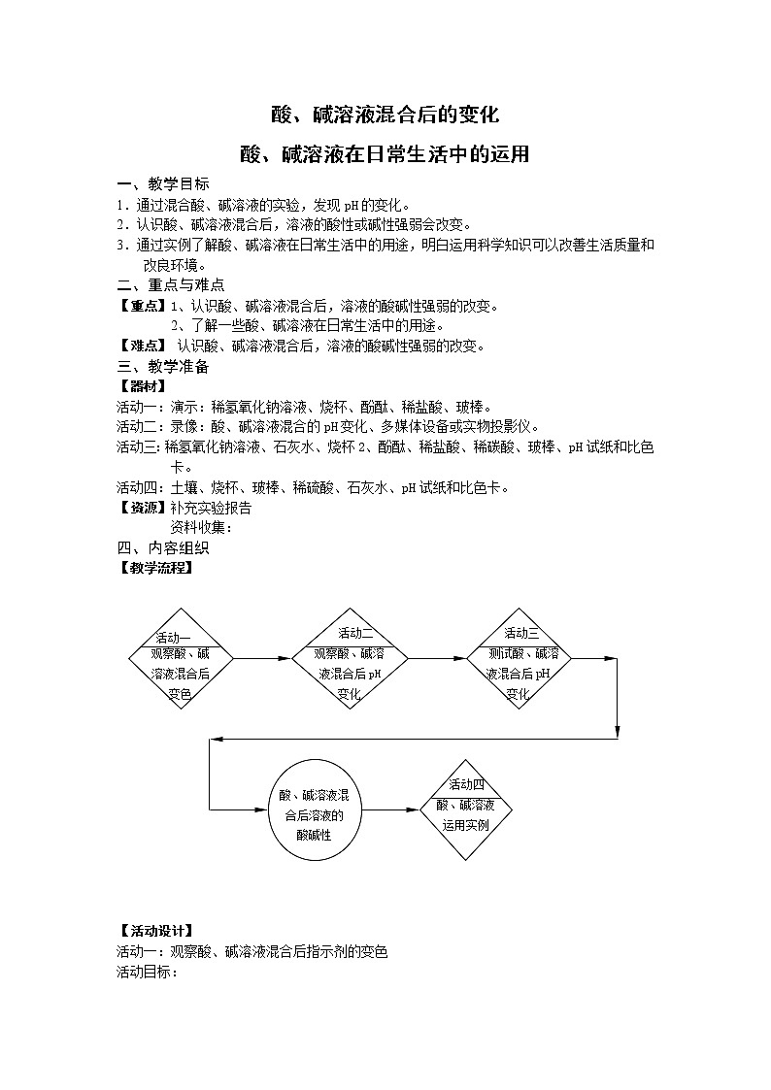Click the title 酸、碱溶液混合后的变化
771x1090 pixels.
[x=385, y=115]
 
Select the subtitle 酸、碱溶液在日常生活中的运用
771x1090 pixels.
[x=385, y=154]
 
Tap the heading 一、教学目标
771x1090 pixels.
[x=162, y=185]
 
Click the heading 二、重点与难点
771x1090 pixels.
[x=170, y=285]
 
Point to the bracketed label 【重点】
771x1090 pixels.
[x=143, y=306]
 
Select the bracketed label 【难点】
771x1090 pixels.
[x=143, y=347]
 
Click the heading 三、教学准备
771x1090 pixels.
[x=162, y=367]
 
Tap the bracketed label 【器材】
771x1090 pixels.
[x=143, y=386]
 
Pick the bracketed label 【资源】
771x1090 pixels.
[x=143, y=507]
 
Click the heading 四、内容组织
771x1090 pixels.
[x=162, y=547]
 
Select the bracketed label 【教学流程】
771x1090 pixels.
[x=155, y=568]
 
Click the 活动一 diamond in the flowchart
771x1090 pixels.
[x=181, y=659]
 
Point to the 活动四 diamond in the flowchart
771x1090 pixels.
[x=467, y=809]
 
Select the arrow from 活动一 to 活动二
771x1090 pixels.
[x=262, y=659]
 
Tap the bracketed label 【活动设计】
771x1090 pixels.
[x=155, y=932]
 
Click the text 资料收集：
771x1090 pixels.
[x=202, y=527]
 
